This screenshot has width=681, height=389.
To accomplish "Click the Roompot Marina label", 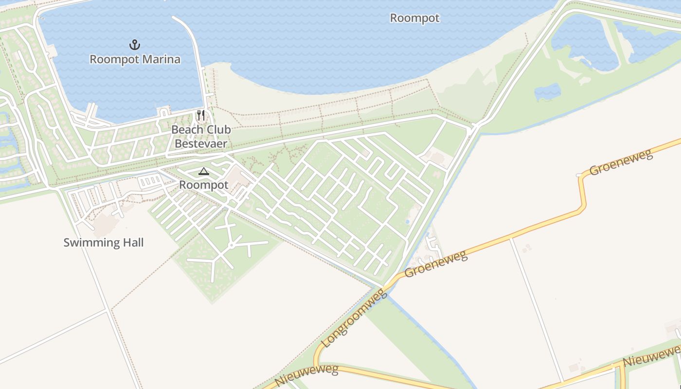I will coord(135,59).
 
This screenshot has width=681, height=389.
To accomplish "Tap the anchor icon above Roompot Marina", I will coord(134,45).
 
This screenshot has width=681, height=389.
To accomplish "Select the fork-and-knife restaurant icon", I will coord(200,115).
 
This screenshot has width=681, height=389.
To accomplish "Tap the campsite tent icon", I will coord(203,171).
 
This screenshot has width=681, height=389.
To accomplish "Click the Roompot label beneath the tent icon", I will coord(203,185).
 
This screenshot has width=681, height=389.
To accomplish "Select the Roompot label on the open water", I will coord(414,18).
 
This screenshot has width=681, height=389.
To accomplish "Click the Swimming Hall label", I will coord(104,242).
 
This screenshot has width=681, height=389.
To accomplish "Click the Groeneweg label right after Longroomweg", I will coord(435,264).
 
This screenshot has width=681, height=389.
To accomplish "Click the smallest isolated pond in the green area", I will coord(547,91).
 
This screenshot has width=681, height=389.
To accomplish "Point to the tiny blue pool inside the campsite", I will coord(407,222).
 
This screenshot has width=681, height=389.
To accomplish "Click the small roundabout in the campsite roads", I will coord(232,245).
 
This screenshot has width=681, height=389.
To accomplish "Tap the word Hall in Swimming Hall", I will coord(132,242).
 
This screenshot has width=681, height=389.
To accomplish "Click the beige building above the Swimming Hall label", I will coord(105,224).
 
